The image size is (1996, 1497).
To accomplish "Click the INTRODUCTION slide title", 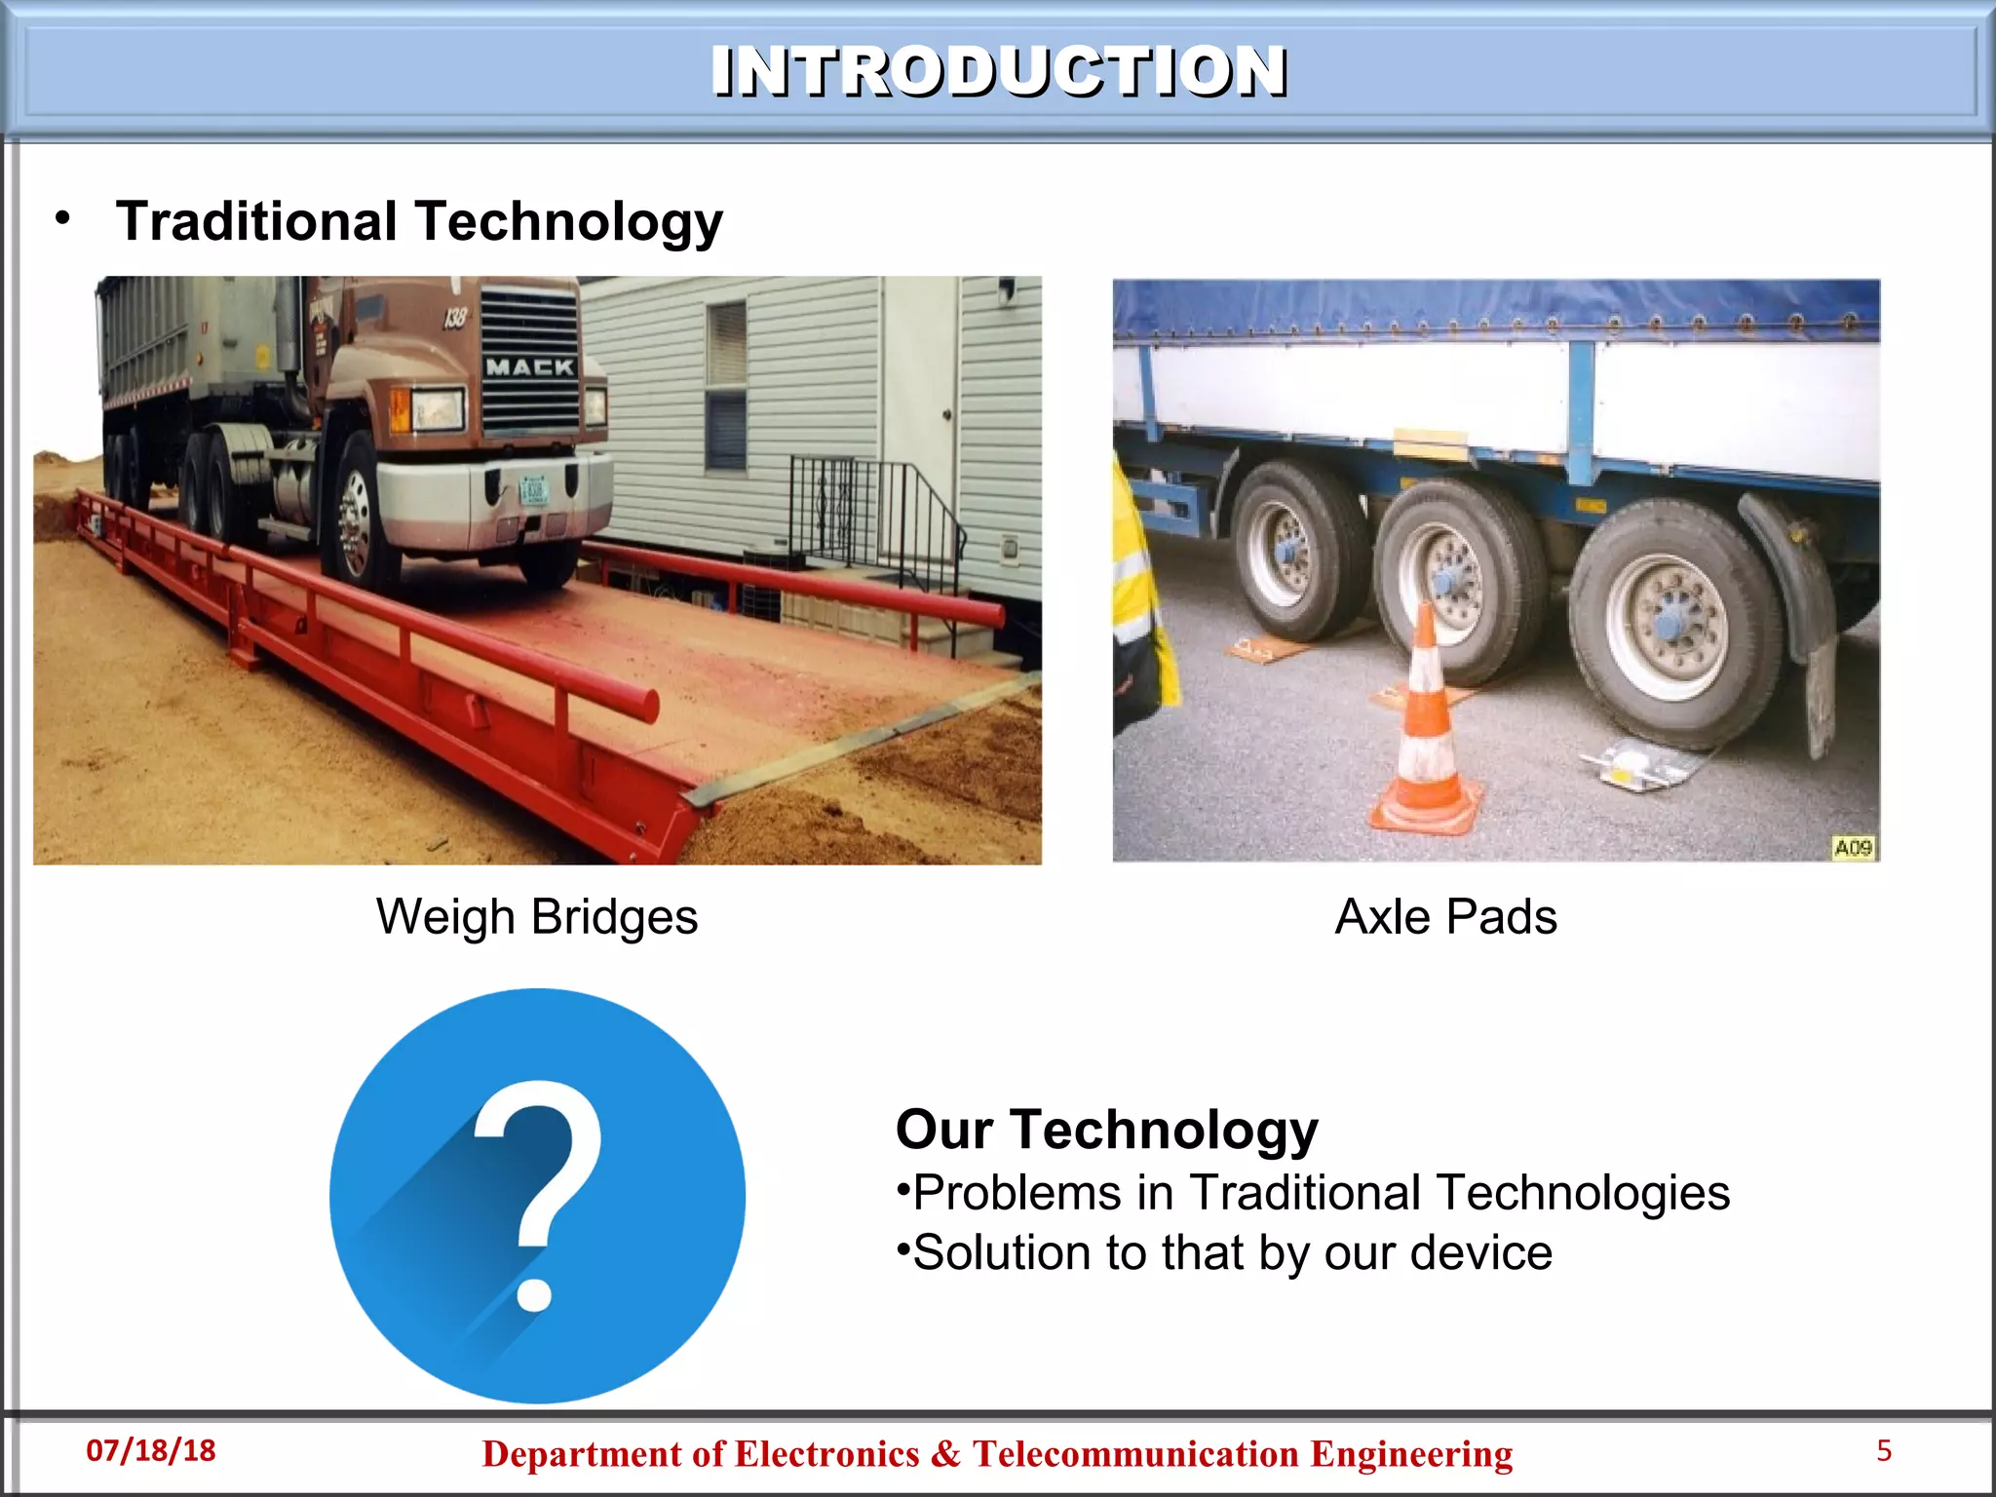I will click(x=999, y=71).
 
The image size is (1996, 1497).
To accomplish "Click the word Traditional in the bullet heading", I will click(x=255, y=221).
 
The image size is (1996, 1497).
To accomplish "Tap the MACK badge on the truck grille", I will click(x=529, y=367).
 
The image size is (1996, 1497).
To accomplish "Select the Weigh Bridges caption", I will click(x=537, y=917).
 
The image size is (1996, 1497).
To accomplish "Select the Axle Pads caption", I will click(x=1445, y=917).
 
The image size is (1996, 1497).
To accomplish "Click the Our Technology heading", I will click(x=1106, y=1130).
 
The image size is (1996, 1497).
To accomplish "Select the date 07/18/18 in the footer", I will click(x=151, y=1450).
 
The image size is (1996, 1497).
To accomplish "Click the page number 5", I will click(x=1884, y=1450).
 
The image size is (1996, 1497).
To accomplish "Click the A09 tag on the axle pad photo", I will click(x=1853, y=847).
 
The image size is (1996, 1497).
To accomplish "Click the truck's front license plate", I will click(x=534, y=490).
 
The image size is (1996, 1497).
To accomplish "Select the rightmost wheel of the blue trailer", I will click(x=1671, y=624).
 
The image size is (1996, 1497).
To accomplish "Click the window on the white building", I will click(x=725, y=385).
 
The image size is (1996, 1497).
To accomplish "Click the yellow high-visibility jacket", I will click(x=1135, y=595).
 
